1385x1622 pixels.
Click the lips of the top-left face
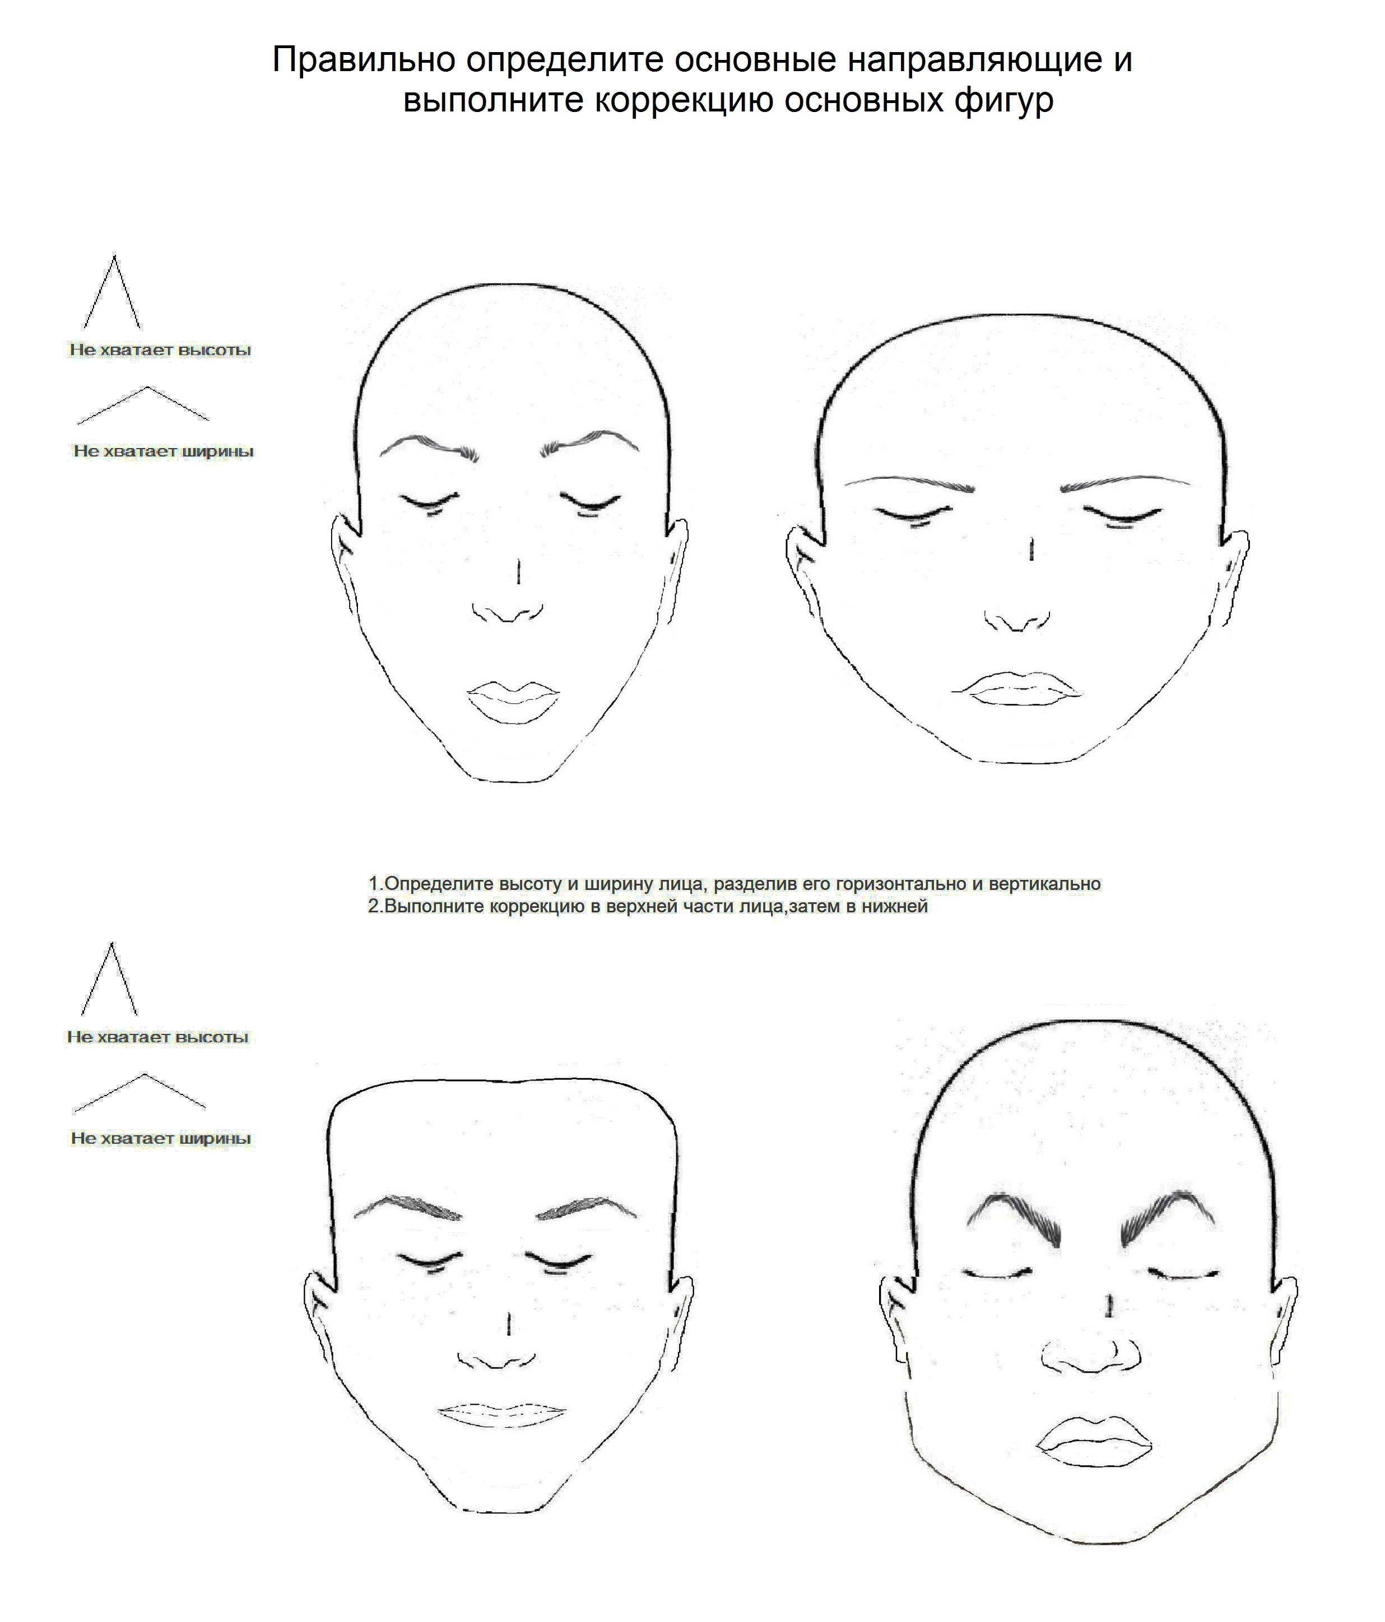point(514,701)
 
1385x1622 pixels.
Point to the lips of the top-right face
point(1017,689)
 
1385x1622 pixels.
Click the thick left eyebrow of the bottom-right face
point(1014,1219)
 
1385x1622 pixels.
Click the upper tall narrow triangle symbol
point(113,292)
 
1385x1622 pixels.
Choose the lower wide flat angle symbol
point(140,1093)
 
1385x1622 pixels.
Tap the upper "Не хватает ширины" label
point(164,451)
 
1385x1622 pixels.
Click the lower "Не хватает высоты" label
point(157,1037)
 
